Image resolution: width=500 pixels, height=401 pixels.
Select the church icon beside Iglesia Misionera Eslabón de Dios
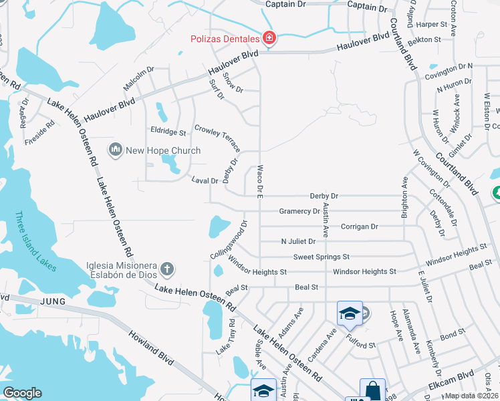167,269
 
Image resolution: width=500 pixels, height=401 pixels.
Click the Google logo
22,392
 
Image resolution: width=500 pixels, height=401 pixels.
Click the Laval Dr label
205,180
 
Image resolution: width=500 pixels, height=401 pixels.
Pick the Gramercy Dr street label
299,211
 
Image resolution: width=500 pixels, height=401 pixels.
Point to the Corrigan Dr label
359,227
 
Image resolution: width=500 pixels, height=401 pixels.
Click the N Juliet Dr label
297,241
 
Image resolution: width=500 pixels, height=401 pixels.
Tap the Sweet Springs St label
321,257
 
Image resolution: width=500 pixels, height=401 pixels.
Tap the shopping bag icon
372,390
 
